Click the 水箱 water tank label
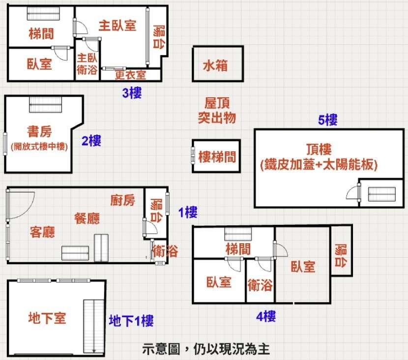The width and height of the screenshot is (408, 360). [215, 65]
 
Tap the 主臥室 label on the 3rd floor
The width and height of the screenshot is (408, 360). [117, 25]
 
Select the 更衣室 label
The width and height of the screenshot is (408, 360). [130, 75]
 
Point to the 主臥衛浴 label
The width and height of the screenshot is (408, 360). [87, 64]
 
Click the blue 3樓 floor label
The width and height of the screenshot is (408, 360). [132, 93]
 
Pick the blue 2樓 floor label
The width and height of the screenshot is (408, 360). [91, 141]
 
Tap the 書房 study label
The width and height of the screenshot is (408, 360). [40, 131]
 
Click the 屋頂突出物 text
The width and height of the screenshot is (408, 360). [217, 110]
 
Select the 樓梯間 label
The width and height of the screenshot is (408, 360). [217, 157]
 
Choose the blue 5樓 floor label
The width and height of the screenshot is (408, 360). [328, 119]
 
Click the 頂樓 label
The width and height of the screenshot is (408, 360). [318, 149]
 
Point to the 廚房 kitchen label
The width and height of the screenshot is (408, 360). [122, 200]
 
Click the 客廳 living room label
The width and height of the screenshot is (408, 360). [42, 232]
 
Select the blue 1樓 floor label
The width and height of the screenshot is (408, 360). [187, 213]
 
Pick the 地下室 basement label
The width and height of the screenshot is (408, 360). [47, 318]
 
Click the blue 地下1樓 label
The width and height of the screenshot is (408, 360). [131, 321]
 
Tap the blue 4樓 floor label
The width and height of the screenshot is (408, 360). [266, 316]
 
